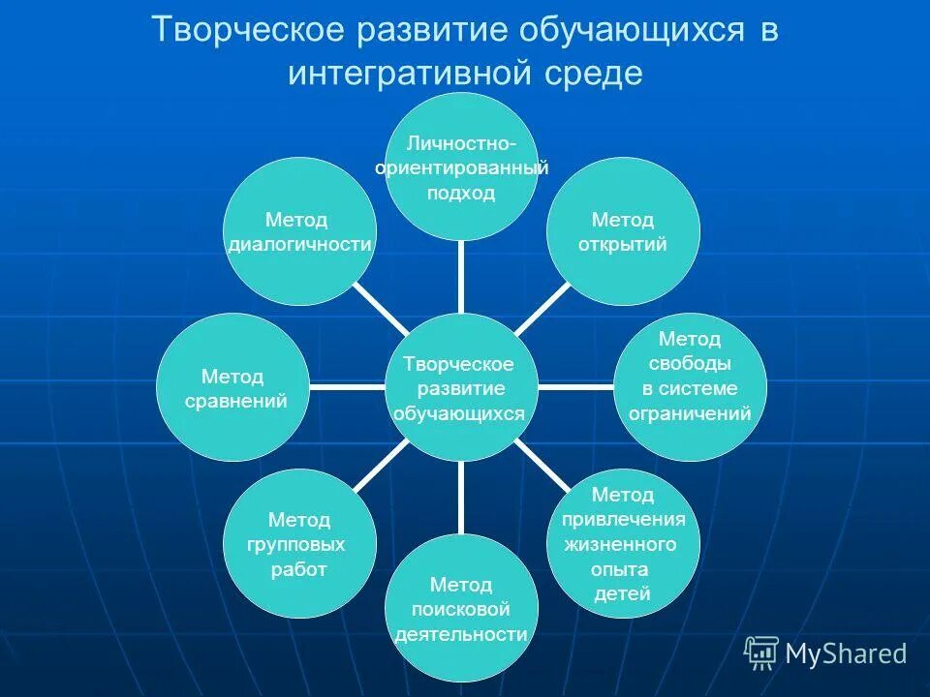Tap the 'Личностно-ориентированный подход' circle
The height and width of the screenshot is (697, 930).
pyautogui.click(x=460, y=167)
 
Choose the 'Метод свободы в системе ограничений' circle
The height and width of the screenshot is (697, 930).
pyautogui.click(x=690, y=387)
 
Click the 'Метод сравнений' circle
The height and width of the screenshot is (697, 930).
pyautogui.click(x=232, y=387)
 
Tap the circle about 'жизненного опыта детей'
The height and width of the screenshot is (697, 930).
pyautogui.click(x=623, y=544)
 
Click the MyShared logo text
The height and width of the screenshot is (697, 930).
pyautogui.click(x=846, y=654)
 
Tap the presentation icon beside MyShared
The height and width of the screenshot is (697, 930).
pyautogui.click(x=761, y=653)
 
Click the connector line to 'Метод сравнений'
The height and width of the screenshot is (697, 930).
pyautogui.click(x=346, y=387)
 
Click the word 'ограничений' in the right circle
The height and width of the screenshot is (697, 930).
pyautogui.click(x=690, y=414)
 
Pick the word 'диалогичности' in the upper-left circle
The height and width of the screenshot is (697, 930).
pyautogui.click(x=299, y=245)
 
